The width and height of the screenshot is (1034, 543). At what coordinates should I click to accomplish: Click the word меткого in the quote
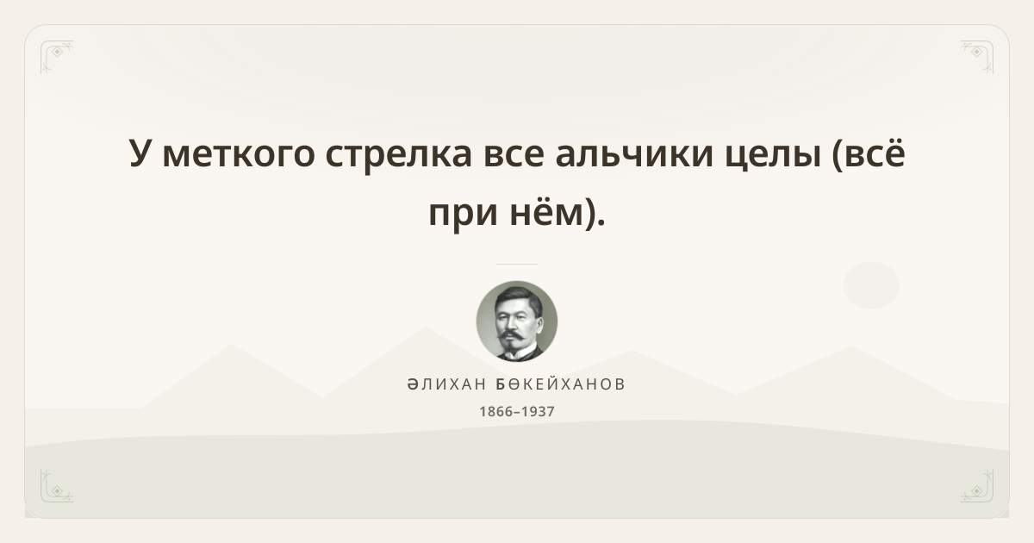click(238, 154)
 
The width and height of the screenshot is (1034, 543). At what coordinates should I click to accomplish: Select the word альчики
click(635, 154)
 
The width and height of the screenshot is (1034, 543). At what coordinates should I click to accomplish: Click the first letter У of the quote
click(140, 153)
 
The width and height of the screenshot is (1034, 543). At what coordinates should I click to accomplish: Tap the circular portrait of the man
click(517, 321)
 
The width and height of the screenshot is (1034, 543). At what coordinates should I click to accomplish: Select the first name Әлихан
click(446, 384)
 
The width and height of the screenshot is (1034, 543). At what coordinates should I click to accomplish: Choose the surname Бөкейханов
click(560, 384)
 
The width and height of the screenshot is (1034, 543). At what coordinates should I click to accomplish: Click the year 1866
click(496, 411)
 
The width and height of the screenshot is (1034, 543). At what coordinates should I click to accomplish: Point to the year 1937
click(538, 411)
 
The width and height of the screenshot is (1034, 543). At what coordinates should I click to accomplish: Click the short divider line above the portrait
click(517, 264)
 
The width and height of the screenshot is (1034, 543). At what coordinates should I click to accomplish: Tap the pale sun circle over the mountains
click(871, 285)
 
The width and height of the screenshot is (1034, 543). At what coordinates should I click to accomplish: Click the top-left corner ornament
click(56, 56)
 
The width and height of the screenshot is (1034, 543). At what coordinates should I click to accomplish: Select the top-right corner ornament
click(977, 56)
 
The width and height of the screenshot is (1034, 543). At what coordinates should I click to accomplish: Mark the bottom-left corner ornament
click(56, 486)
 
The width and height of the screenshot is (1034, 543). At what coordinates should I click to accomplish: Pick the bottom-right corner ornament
click(977, 486)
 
